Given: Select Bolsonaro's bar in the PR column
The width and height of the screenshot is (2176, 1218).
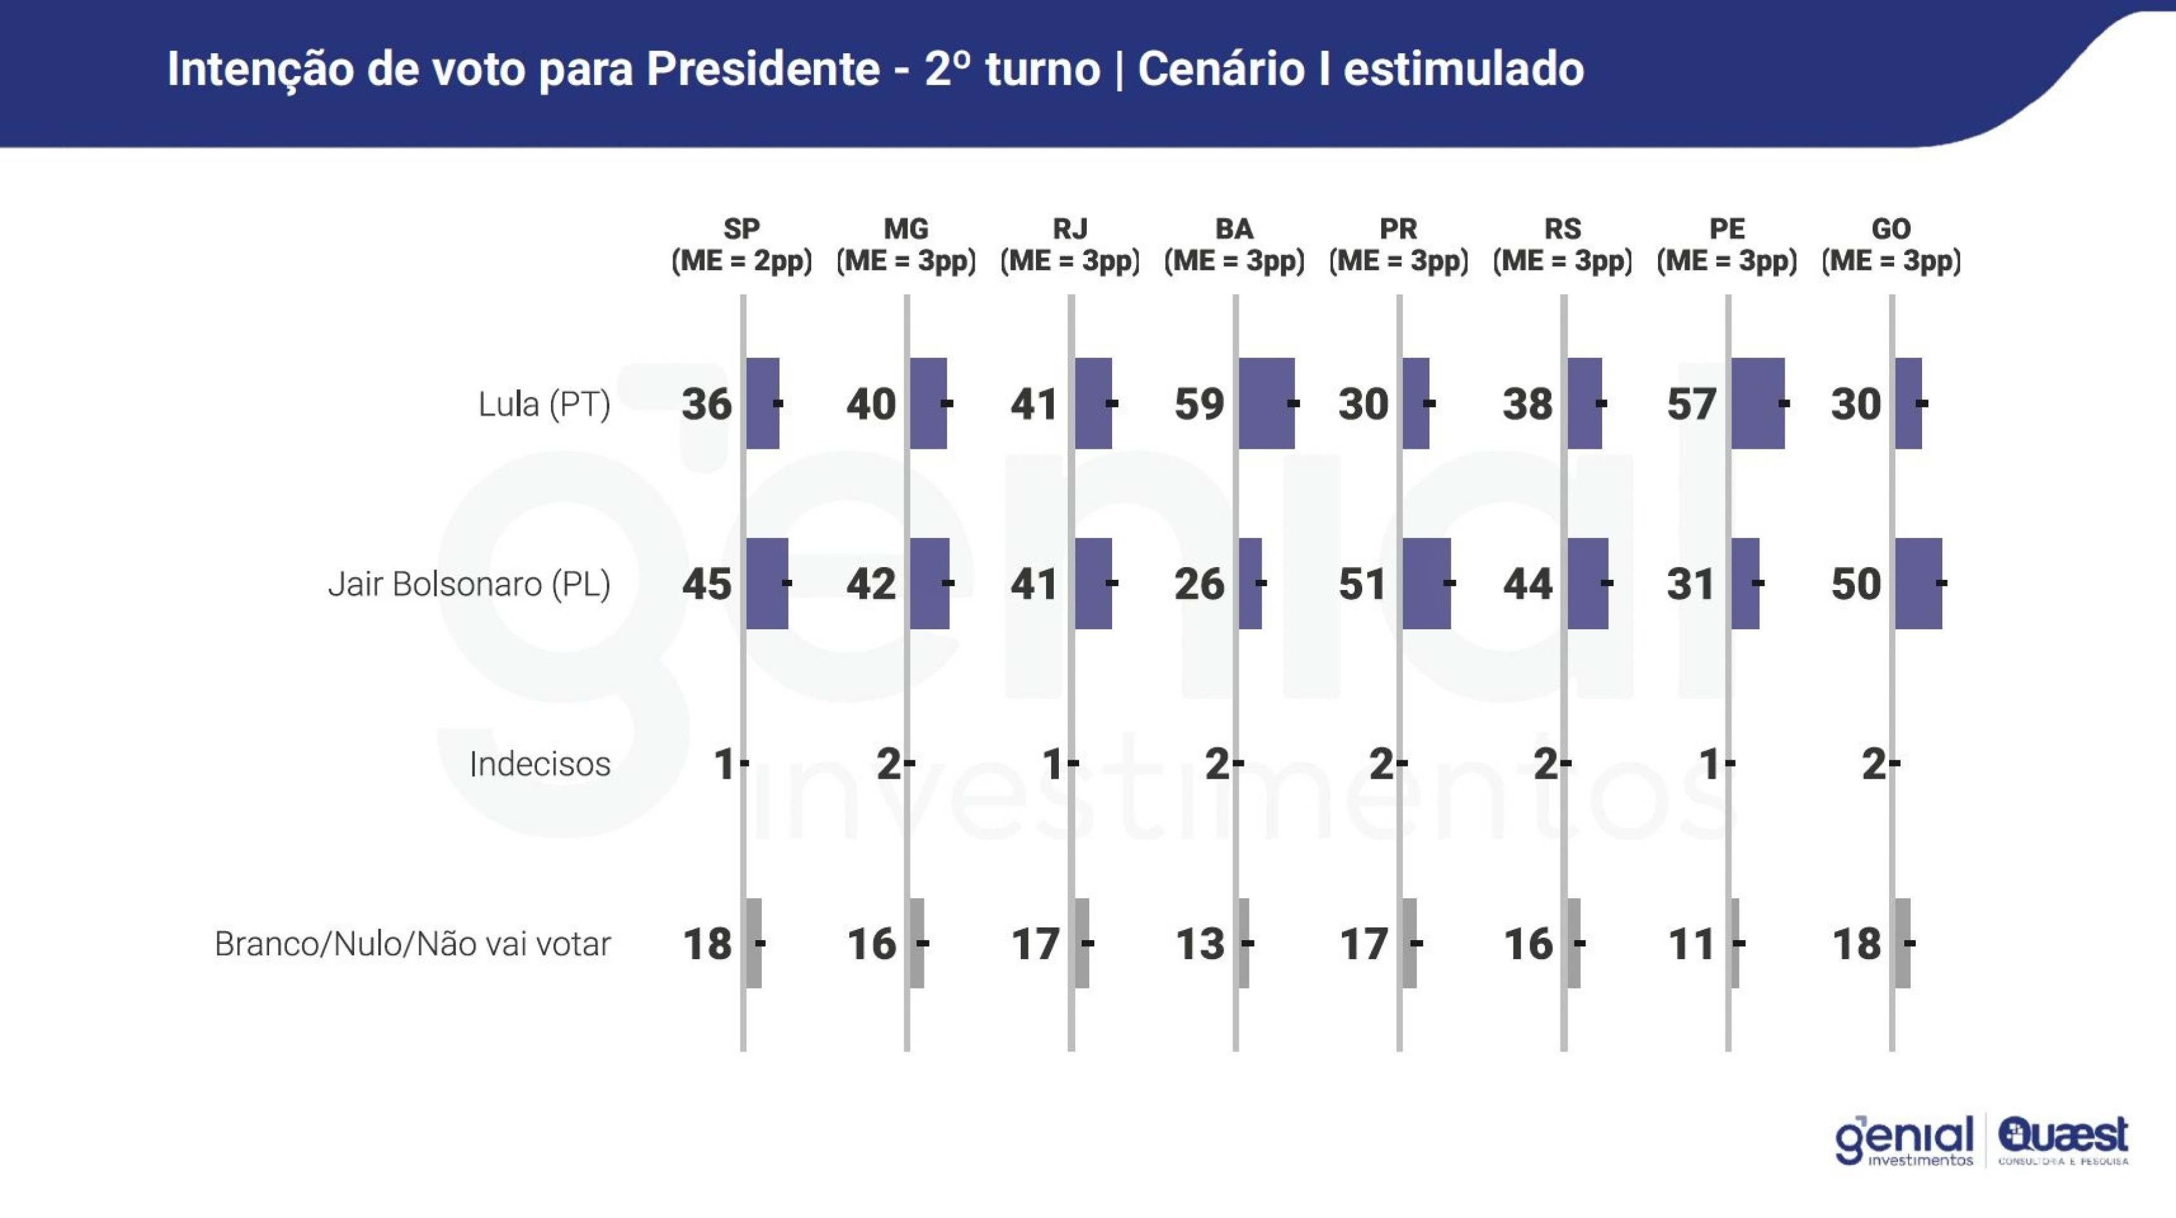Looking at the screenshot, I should point(1427,583).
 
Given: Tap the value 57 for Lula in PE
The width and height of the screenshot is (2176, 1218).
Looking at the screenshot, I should point(1691,404).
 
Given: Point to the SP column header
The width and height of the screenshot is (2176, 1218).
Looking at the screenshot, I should point(742,244).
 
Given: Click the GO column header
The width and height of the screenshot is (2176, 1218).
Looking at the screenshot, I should point(1890,244).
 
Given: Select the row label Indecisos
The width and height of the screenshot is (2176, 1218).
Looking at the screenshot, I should point(540,763).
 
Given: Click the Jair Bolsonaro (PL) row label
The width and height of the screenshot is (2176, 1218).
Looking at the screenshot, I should point(469,584).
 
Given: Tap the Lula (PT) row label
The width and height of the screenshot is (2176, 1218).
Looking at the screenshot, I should point(544,404).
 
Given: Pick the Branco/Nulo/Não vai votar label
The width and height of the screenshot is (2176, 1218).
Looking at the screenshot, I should point(412,943).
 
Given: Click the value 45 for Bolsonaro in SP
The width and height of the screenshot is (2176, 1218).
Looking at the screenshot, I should point(707,584).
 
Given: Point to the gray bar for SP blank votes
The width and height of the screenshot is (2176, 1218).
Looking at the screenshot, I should point(754,943).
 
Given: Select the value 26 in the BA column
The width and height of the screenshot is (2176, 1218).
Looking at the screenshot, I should point(1199,584).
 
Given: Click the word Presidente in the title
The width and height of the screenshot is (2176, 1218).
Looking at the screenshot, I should point(762,68).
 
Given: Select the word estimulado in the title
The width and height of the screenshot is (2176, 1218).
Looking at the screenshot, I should point(1463,68).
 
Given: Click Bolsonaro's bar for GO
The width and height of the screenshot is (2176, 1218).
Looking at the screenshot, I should point(1918,583).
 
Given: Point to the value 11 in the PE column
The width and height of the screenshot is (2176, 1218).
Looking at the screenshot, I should point(1691,943).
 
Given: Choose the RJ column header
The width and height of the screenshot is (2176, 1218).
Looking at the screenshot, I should point(1070,244).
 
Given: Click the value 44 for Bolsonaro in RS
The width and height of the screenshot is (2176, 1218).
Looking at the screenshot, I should point(1528,584).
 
